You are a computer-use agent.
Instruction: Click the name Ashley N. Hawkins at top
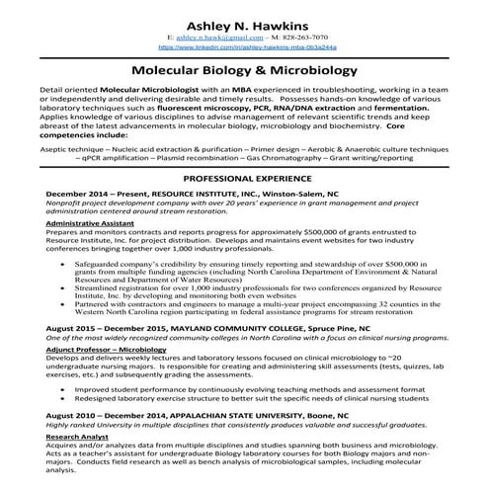(x=244, y=21)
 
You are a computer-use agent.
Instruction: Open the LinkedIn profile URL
(x=244, y=47)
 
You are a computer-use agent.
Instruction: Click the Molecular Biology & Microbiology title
(x=244, y=72)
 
